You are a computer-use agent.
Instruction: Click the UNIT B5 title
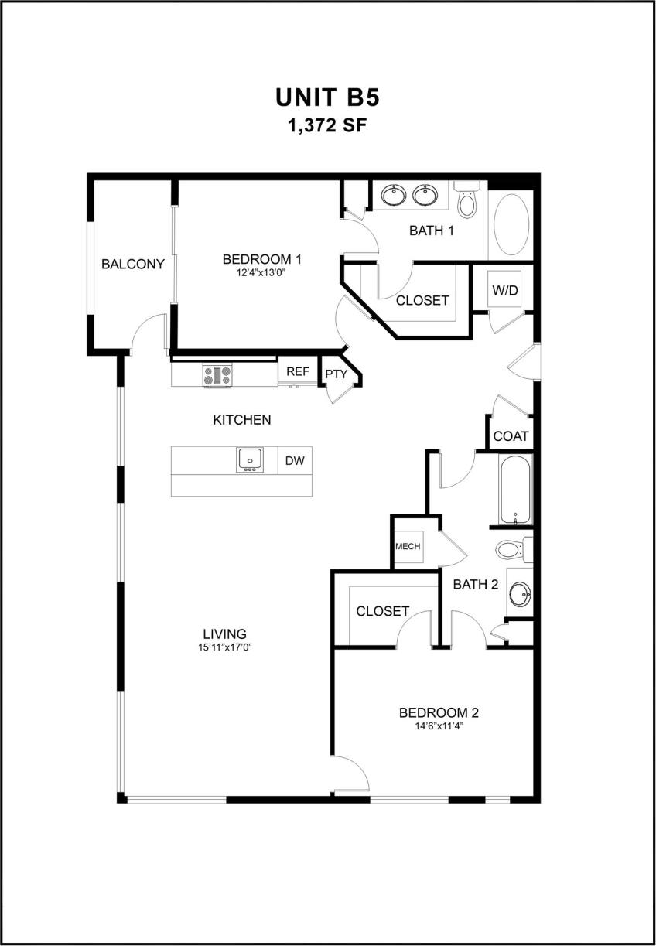point(327,98)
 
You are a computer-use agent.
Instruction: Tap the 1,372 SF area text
point(327,125)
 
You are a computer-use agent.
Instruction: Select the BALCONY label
point(133,264)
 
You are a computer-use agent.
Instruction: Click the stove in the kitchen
point(217,376)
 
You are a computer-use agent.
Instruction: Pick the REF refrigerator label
point(298,372)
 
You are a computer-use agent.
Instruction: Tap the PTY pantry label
point(336,374)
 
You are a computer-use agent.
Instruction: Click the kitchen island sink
point(251,459)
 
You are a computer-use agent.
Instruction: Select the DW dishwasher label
point(295,461)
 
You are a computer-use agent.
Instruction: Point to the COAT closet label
point(511,436)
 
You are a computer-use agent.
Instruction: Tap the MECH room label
point(408,546)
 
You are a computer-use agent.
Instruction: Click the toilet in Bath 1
point(466,202)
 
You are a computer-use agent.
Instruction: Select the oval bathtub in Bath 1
point(510,224)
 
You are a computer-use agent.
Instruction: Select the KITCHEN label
point(241,420)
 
